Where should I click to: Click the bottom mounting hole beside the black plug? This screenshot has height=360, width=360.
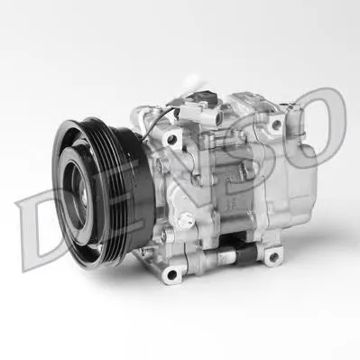[272, 257]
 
